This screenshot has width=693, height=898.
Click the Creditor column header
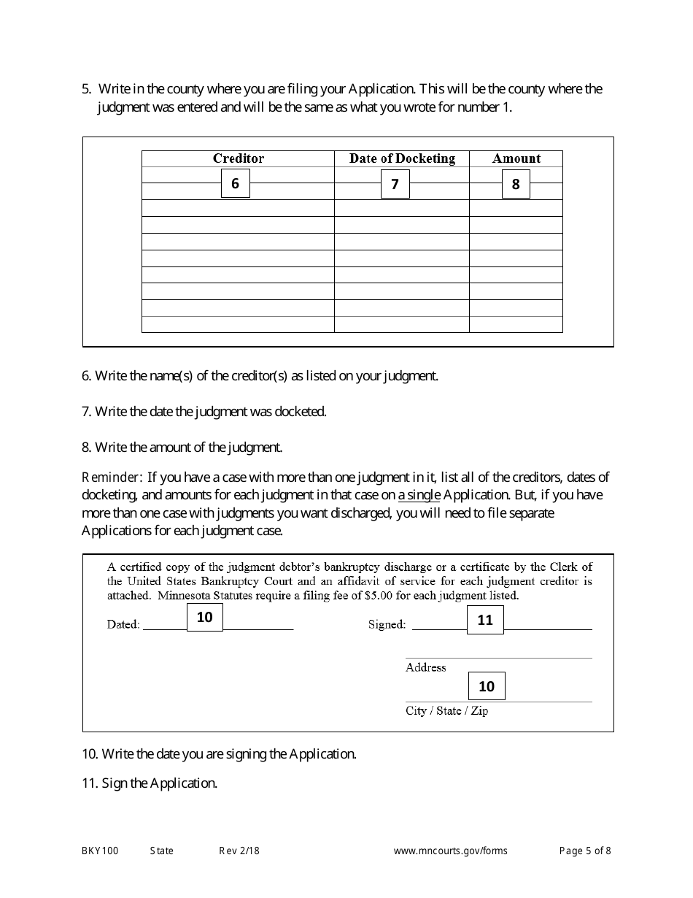(x=238, y=158)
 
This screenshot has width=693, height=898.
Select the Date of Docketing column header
(x=401, y=158)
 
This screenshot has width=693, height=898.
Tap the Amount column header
(x=516, y=158)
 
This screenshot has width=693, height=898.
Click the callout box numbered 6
(x=235, y=183)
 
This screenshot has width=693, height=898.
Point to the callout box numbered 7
(x=395, y=184)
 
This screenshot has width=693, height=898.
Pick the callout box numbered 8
(x=515, y=184)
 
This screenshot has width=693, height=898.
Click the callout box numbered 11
(x=485, y=620)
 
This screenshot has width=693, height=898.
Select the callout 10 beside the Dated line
(x=204, y=617)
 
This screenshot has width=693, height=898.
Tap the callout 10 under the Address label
(x=486, y=686)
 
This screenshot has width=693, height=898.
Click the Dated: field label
(x=123, y=624)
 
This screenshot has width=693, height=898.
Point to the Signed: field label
(x=387, y=624)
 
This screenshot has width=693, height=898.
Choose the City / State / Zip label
(x=446, y=710)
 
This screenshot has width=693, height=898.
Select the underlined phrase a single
(x=419, y=495)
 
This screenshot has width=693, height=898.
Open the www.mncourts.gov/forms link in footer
(x=450, y=851)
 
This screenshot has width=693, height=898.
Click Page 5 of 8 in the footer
(x=585, y=851)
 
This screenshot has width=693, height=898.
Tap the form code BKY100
(x=100, y=851)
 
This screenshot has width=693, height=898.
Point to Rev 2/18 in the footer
(x=239, y=851)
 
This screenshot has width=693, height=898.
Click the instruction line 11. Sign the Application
(x=150, y=783)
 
